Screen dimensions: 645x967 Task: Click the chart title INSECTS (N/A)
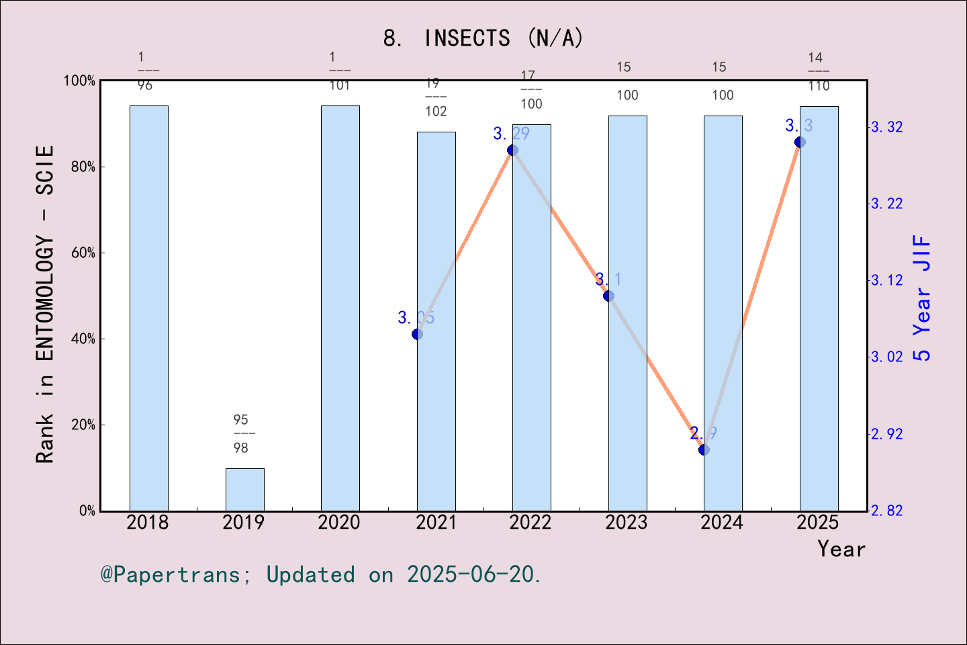483,38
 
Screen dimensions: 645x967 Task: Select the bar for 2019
244,489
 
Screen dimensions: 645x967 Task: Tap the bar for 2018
148,308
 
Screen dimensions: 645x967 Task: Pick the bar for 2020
340,308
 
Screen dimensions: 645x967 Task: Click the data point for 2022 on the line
512,150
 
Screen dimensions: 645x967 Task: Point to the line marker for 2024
704,449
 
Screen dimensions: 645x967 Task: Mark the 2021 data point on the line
417,334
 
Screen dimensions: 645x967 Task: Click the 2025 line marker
800,142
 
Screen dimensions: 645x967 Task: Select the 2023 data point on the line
608,296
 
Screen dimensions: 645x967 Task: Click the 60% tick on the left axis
83,253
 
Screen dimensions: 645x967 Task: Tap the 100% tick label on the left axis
79,81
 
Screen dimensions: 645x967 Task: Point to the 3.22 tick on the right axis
886,204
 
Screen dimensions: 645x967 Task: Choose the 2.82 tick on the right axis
886,511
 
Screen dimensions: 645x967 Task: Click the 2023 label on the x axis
626,523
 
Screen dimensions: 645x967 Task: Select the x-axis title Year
841,549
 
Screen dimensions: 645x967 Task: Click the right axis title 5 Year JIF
922,298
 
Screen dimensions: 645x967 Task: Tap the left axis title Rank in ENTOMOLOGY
45,304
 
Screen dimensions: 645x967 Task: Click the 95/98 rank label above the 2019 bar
241,433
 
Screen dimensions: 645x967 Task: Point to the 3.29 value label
511,134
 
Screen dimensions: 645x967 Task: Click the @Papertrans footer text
321,574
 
